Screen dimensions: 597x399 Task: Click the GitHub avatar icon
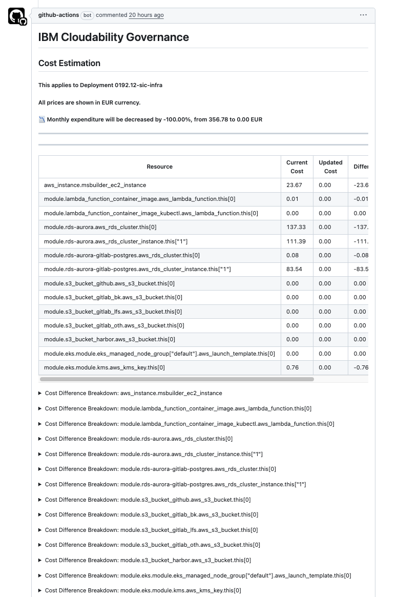click(x=16, y=16)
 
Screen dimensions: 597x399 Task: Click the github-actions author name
click(x=58, y=15)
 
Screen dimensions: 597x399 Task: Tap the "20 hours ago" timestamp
click(x=146, y=15)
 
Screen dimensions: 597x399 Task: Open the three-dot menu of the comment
click(x=363, y=15)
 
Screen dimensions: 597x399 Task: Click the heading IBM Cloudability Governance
click(x=113, y=37)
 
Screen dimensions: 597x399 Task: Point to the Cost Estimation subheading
click(x=69, y=63)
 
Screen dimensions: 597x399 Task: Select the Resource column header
click(x=159, y=167)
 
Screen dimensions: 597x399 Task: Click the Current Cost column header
click(x=297, y=167)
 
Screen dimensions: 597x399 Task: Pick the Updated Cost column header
click(x=330, y=167)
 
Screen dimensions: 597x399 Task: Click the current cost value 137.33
click(x=296, y=227)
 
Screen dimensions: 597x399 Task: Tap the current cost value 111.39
click(x=296, y=241)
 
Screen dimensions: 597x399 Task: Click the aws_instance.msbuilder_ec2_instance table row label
click(x=95, y=185)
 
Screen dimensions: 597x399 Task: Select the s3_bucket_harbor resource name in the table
click(x=109, y=339)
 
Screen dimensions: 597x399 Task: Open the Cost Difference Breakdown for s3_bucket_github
click(x=148, y=500)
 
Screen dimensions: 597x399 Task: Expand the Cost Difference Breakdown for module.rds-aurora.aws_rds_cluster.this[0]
click(x=138, y=439)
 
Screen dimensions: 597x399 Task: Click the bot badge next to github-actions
click(x=88, y=15)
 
